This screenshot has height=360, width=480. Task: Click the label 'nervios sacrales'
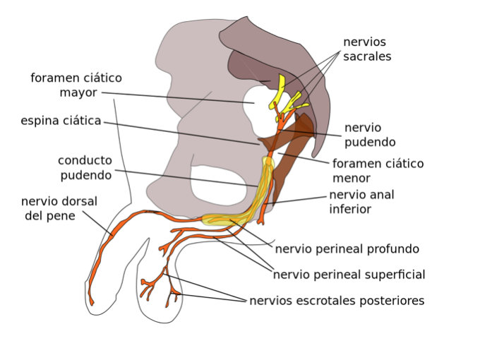[367, 49]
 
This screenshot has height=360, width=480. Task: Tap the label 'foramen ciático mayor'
[76, 85]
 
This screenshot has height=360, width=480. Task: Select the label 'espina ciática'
[61, 121]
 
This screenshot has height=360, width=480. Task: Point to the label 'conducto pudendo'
[85, 168]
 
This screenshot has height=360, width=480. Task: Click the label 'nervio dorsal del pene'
[59, 208]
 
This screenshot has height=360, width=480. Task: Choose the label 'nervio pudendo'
[370, 135]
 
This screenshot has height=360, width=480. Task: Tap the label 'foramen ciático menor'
[378, 171]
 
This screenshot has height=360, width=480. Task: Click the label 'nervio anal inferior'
[361, 202]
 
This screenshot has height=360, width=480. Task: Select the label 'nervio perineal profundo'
[347, 249]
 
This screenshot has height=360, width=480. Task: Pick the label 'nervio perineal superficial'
[349, 275]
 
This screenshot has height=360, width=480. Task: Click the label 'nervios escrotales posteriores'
[337, 301]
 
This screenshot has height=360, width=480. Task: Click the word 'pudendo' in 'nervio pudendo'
[370, 142]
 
